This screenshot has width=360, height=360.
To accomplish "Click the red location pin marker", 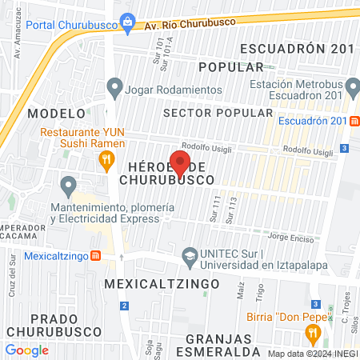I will [x=180, y=162].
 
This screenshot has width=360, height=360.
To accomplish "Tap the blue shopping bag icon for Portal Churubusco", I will [x=126, y=19].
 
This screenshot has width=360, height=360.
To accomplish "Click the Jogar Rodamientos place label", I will [x=176, y=90].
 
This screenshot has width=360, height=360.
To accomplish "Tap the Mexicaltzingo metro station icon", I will [x=95, y=256].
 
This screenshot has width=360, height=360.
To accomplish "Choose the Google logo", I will [x=26, y=350].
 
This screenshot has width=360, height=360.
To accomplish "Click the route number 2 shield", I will [x=124, y=306].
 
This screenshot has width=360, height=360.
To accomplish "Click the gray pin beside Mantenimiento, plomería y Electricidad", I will [x=68, y=187].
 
